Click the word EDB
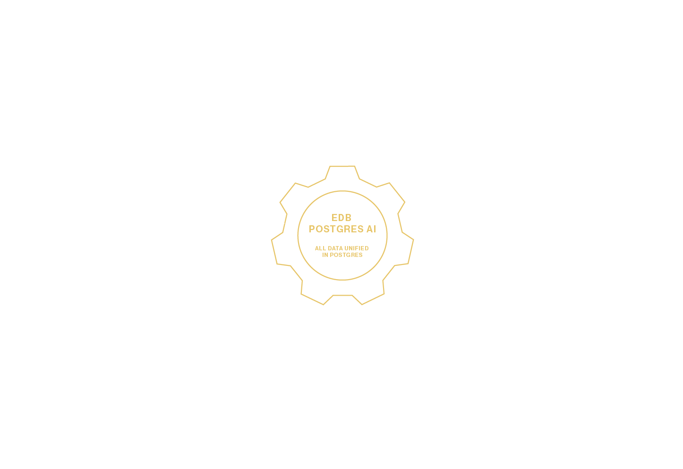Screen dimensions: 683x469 click(341, 218)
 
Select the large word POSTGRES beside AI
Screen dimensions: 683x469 click(336, 229)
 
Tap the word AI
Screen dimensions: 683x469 click(371, 229)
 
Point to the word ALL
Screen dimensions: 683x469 click(320, 248)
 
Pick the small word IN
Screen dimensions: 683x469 click(325, 255)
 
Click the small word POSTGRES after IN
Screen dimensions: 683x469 click(346, 255)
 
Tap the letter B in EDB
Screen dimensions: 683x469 click(348, 218)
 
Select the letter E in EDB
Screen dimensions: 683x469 click(334, 218)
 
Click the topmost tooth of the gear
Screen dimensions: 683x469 click(342, 172)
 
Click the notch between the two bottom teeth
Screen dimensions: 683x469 click(342, 295)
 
